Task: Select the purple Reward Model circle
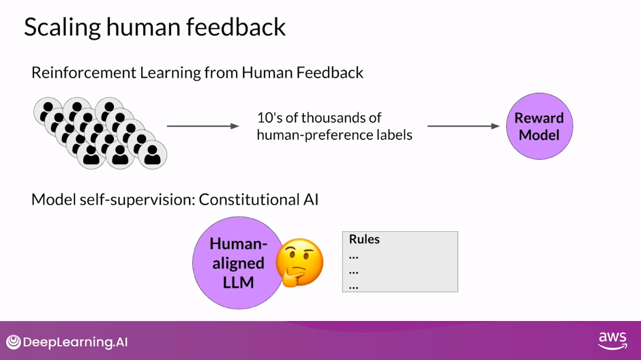[539, 126]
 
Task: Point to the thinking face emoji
[299, 262]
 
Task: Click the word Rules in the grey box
[364, 239]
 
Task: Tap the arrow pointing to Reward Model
[463, 126]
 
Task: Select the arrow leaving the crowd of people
[203, 126]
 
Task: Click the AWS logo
[612, 340]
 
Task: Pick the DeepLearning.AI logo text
[75, 342]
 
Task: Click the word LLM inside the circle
[238, 281]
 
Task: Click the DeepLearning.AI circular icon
[13, 342]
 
